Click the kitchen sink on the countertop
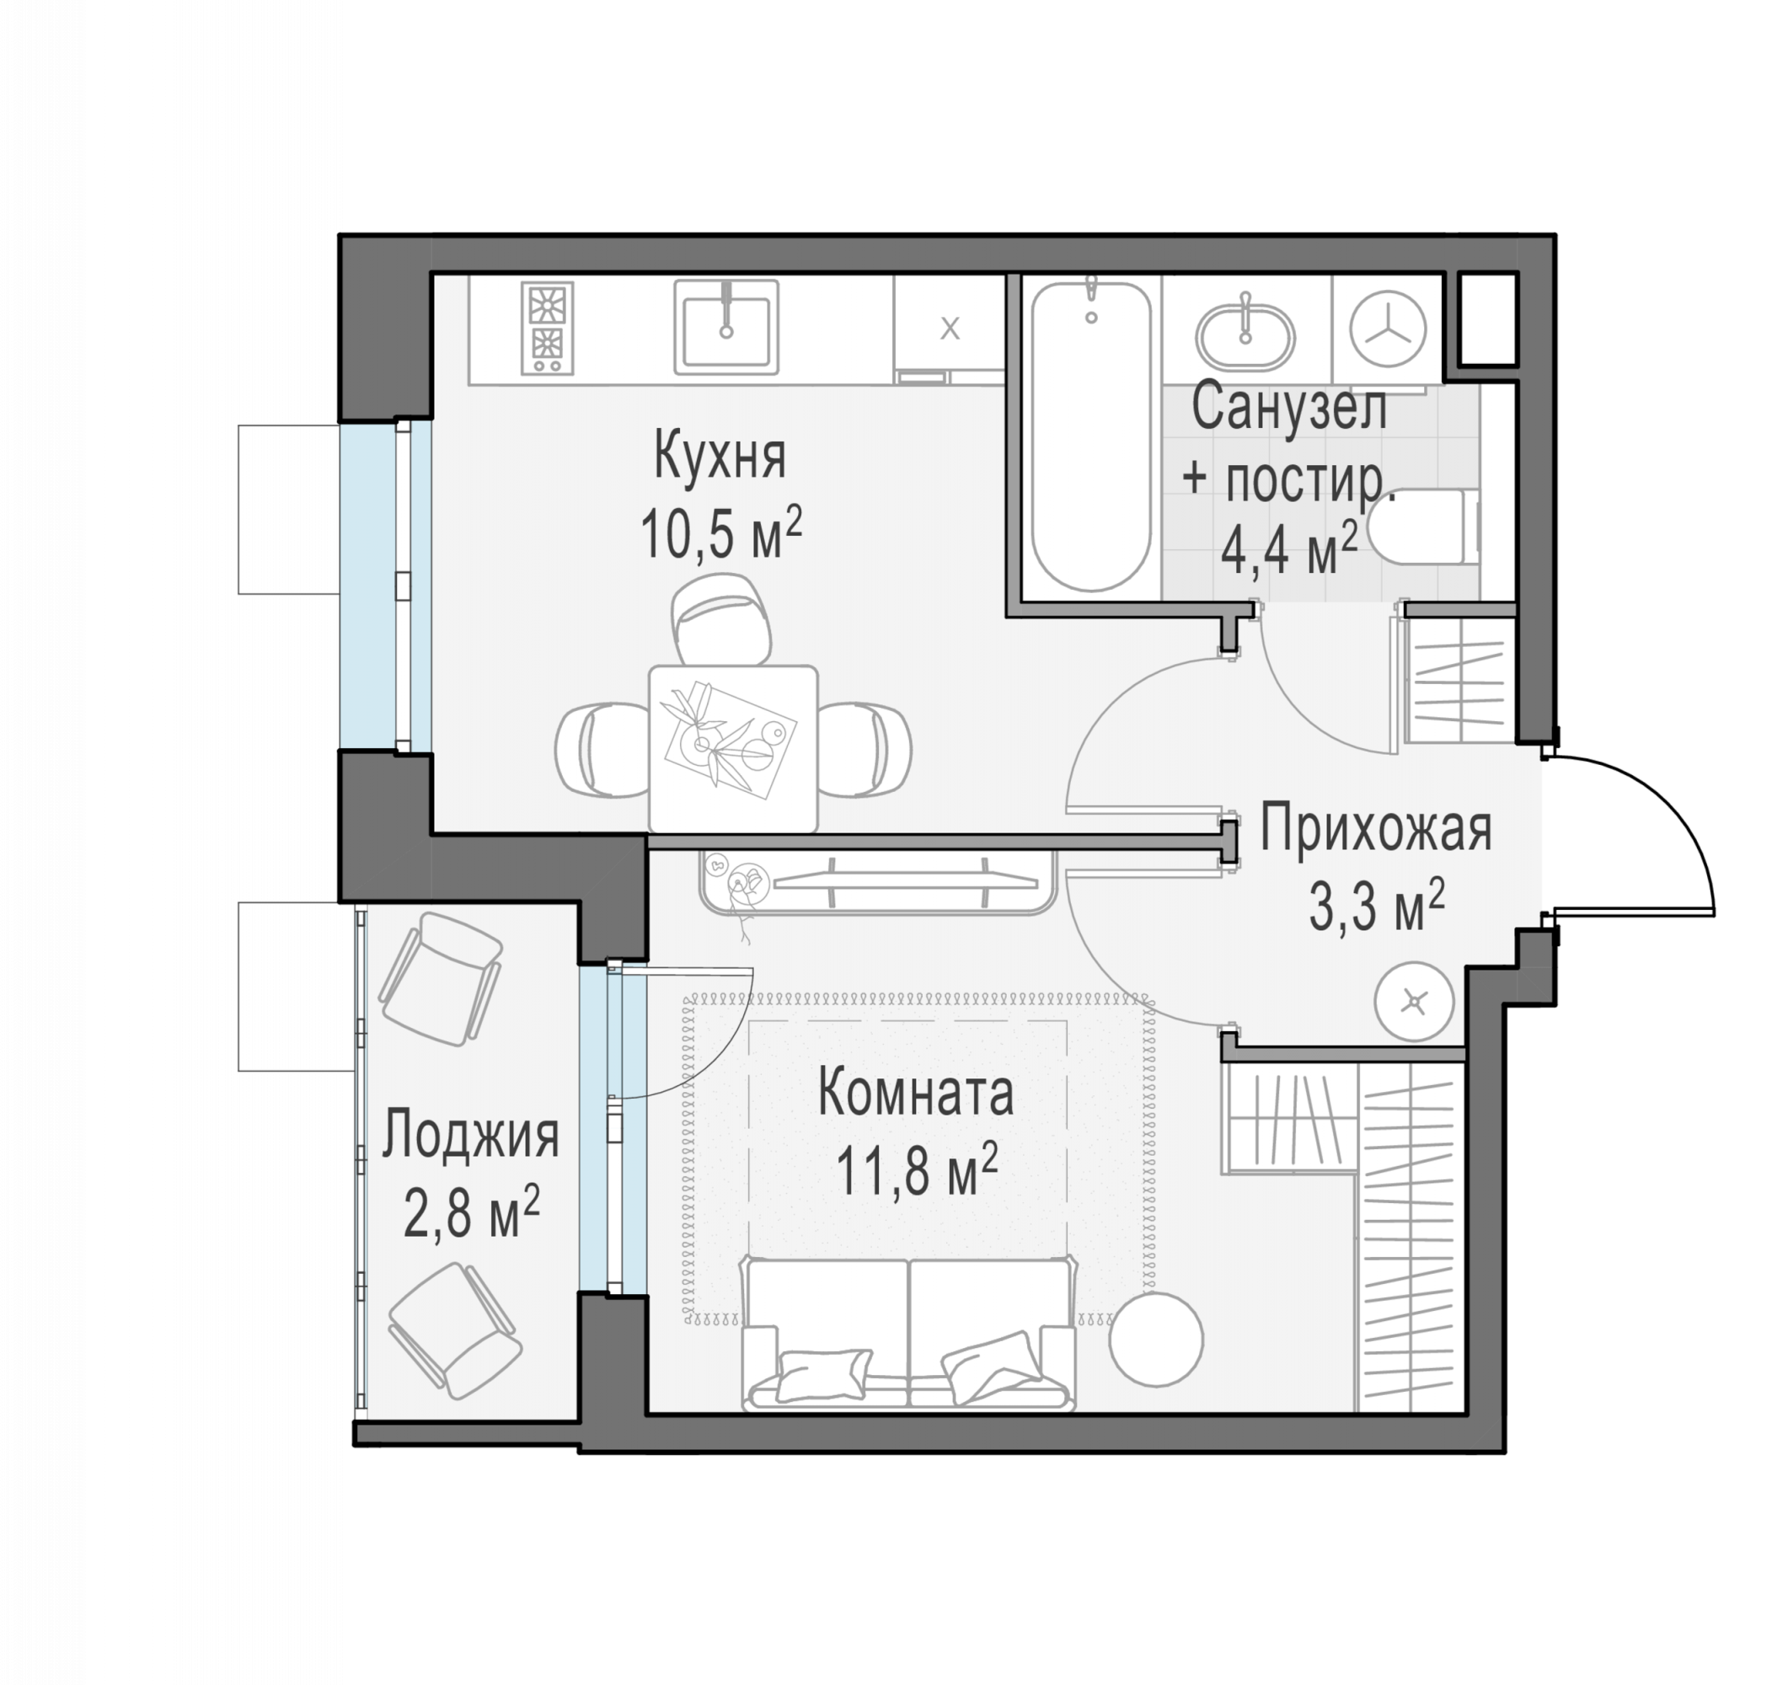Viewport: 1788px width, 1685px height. point(725,326)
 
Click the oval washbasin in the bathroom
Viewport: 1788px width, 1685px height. point(1245,338)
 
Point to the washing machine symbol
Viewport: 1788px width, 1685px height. point(1388,329)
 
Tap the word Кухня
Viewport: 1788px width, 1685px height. point(720,456)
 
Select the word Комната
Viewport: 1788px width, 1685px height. point(916,1093)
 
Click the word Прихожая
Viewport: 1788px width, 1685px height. point(1375,828)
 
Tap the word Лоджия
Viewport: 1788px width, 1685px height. point(470,1135)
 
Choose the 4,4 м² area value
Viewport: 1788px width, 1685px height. point(1289,549)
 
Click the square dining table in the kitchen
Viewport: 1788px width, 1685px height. point(733,748)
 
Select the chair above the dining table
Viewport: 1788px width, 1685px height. point(721,619)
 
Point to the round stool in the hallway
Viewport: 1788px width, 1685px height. point(1414,1002)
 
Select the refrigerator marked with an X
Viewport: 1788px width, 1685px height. point(949,330)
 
